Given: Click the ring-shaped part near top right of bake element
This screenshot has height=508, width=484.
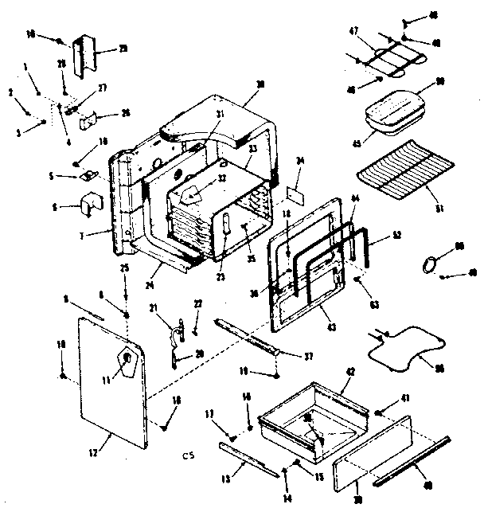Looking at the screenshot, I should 430,264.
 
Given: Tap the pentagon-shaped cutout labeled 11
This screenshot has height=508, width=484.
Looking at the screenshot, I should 125,362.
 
